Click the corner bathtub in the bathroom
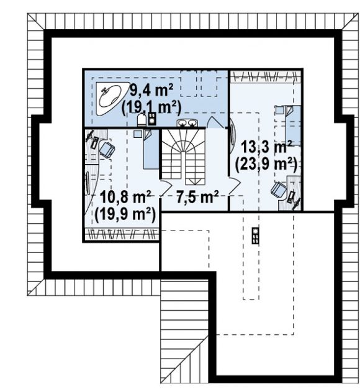tap(110, 99)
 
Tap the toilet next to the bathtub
tap(142, 120)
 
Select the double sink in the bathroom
tap(187, 123)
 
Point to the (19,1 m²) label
tap(151, 108)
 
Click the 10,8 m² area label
tap(125, 197)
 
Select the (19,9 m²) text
tap(125, 214)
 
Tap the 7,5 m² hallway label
tap(197, 197)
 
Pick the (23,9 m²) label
tap(266, 164)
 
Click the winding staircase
tap(184, 157)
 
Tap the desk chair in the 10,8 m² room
tap(107, 150)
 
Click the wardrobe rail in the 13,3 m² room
tap(266, 76)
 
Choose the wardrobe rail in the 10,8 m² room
tap(122, 234)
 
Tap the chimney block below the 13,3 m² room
tap(256, 236)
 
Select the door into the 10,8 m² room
tap(166, 188)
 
